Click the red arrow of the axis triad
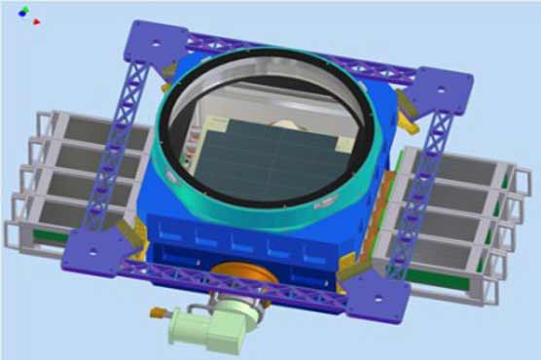36,20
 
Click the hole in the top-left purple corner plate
154,41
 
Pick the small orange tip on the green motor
154,312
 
